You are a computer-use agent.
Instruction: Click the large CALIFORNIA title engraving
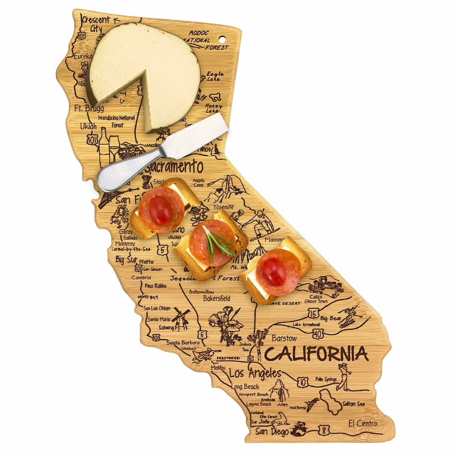point(316,353)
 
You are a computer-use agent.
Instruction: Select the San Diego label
point(272,432)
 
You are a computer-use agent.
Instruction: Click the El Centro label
point(363,423)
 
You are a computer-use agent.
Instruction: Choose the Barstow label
point(284,338)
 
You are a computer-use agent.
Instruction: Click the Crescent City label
point(96,24)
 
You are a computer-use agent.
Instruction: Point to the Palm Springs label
point(326,379)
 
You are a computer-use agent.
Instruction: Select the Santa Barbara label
point(183,342)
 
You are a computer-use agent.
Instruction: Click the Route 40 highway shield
point(318,333)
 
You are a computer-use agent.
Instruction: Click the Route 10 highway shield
point(302,383)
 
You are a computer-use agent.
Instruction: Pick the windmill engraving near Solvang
point(181,318)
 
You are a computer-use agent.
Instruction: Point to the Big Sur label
point(126,259)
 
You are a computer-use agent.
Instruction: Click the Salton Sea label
point(353,404)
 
